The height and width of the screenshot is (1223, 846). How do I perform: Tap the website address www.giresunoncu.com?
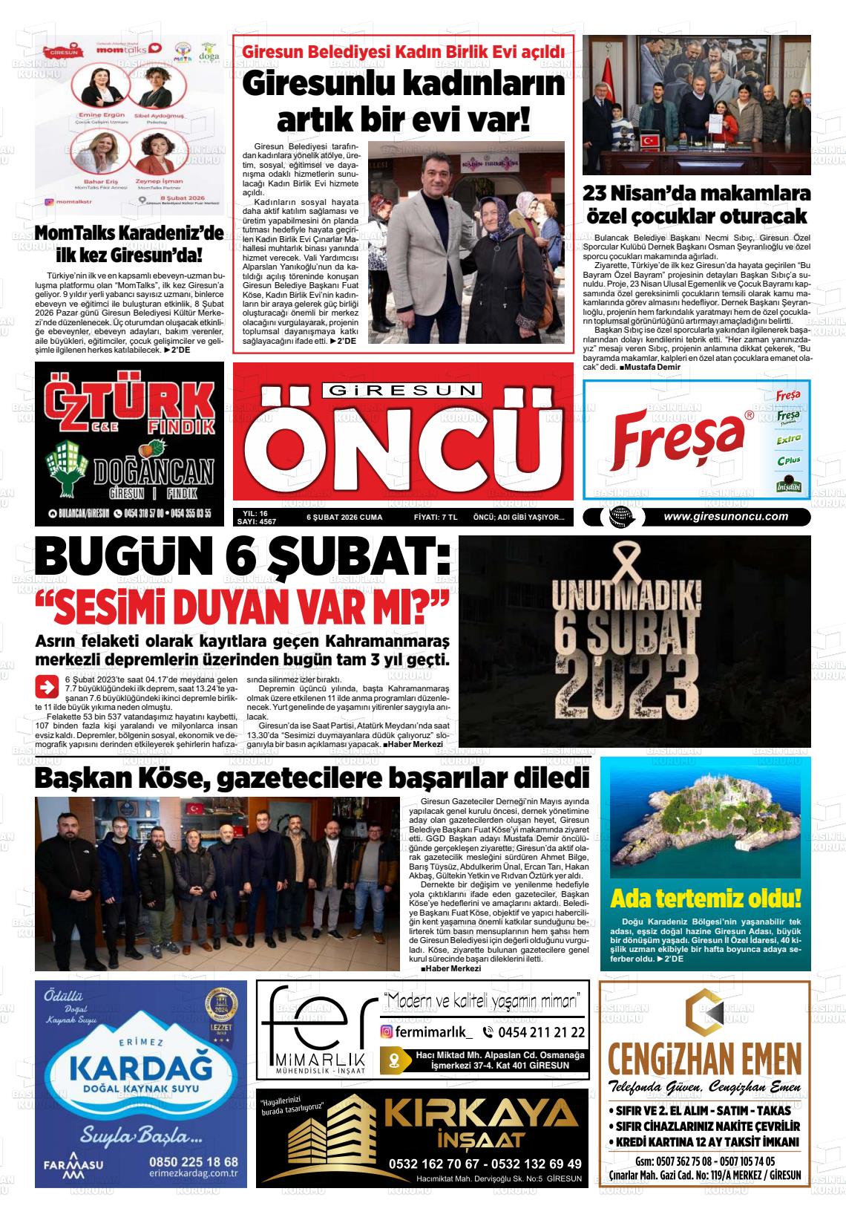pyautogui.click(x=726, y=517)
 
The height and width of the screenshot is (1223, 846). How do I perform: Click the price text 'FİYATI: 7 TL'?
pyautogui.click(x=436, y=517)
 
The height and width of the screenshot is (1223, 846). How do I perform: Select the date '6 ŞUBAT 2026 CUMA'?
pyautogui.click(x=344, y=517)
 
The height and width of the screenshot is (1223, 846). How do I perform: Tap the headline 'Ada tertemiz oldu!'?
pyautogui.click(x=705, y=899)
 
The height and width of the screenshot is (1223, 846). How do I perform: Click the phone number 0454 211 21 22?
pyautogui.click(x=533, y=1032)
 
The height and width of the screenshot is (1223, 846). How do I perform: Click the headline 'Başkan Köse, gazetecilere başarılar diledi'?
pyautogui.click(x=312, y=778)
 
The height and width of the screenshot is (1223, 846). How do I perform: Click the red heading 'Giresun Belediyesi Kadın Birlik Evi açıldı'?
pyautogui.click(x=404, y=53)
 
